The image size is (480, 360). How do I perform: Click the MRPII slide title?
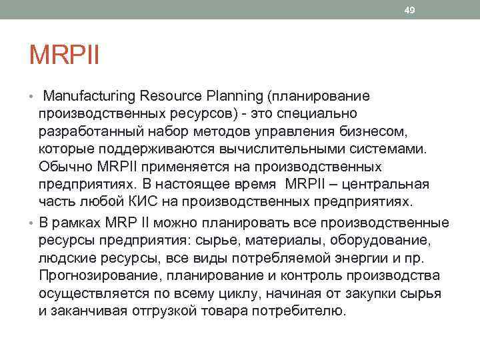click(64, 55)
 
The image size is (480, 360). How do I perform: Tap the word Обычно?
click(64, 166)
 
